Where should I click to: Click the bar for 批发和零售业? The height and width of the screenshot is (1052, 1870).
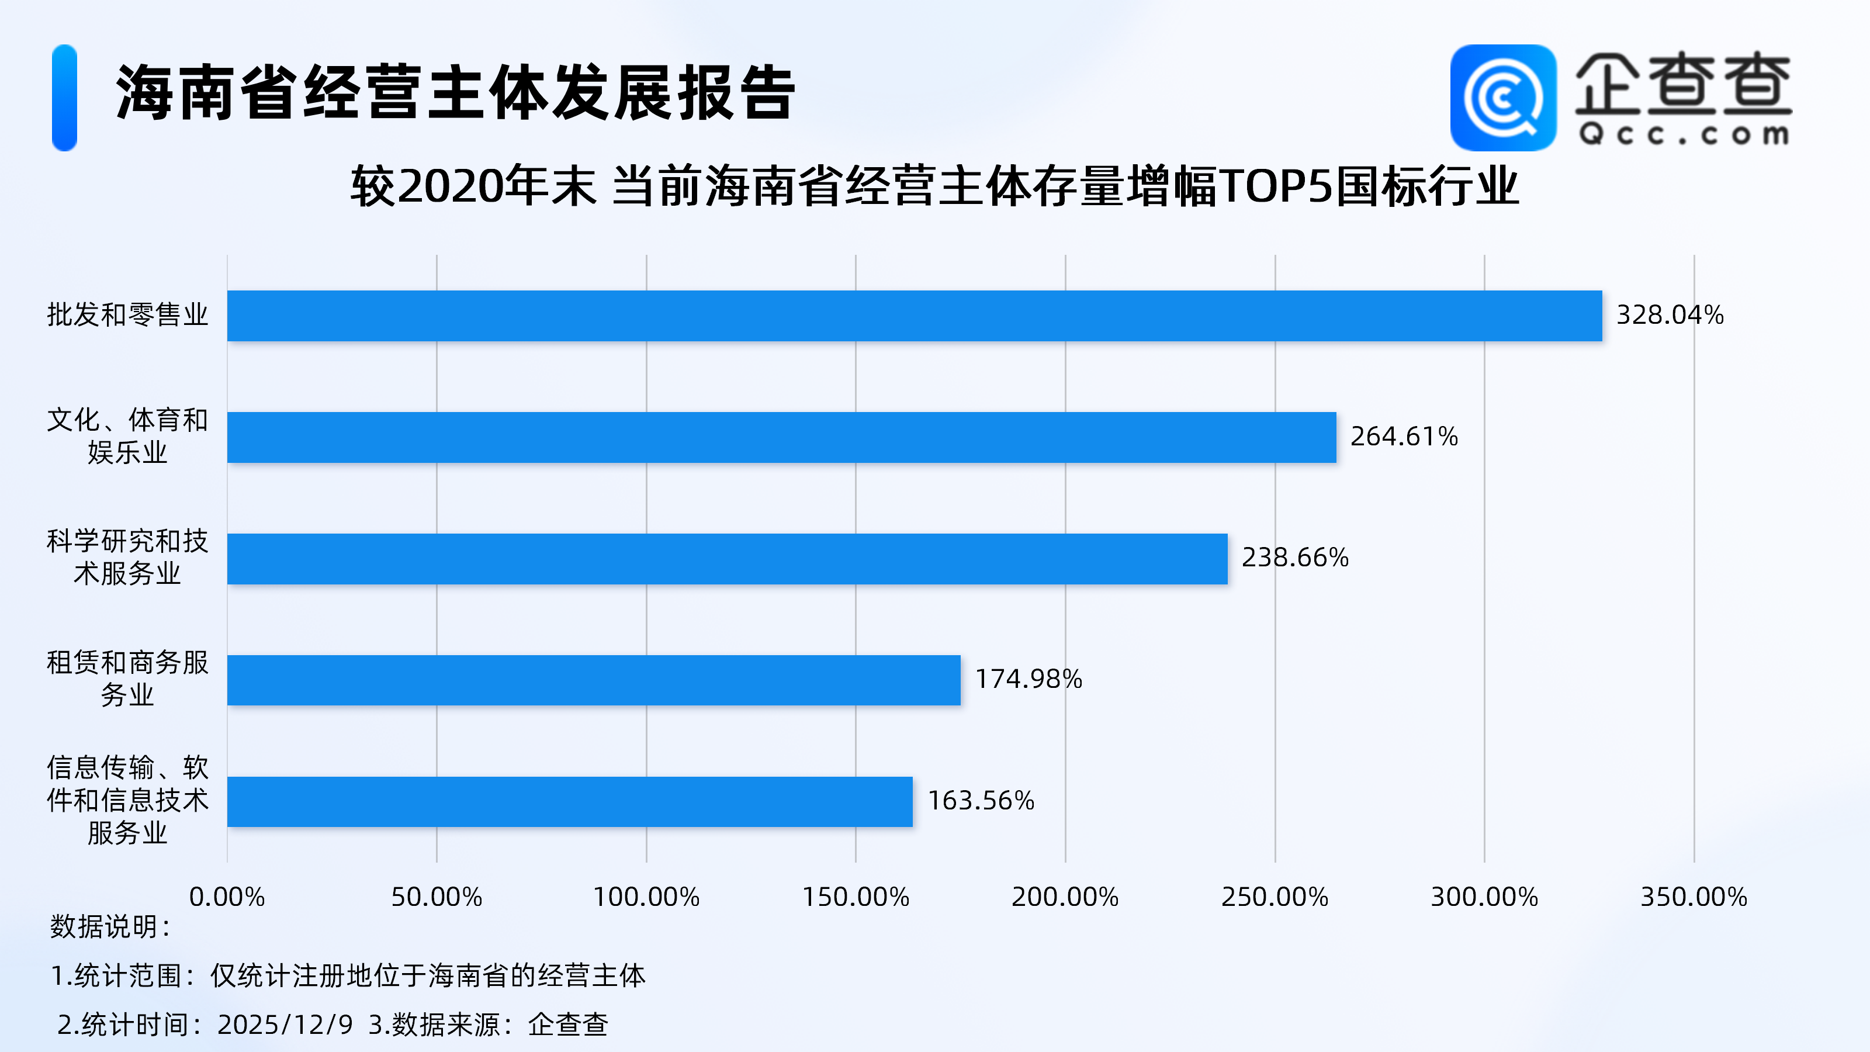914,316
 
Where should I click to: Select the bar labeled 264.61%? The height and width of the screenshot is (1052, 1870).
781,437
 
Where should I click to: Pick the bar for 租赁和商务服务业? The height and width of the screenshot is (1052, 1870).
593,680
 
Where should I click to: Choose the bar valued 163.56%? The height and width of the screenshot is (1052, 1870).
569,801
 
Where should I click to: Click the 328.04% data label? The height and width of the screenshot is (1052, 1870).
1669,315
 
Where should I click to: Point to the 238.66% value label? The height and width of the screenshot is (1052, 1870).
1294,558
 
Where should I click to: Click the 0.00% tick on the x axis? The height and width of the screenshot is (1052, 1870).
227,897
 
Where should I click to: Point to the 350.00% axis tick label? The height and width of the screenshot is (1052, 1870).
1693,897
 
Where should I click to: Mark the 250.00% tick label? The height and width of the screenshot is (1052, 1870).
1274,897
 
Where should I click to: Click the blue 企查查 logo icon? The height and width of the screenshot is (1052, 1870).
1502,98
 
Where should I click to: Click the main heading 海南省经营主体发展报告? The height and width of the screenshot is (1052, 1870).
456,93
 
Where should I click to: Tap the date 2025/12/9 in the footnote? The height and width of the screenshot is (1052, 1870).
285,1025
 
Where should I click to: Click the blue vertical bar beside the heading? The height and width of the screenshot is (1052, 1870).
65,98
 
